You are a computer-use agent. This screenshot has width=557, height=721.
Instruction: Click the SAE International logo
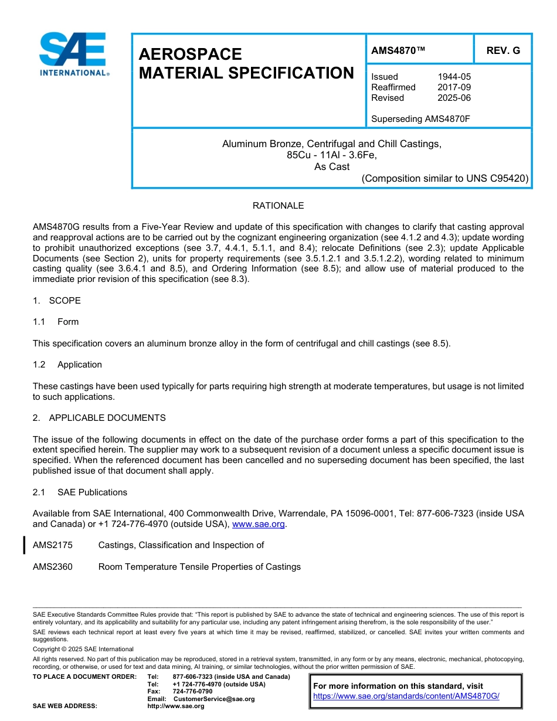(73, 55)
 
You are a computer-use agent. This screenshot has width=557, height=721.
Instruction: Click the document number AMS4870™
(398, 51)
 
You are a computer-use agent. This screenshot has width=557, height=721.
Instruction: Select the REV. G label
(502, 51)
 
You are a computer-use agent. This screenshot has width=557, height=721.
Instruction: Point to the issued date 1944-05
(454, 77)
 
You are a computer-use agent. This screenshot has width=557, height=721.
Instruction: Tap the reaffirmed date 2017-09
(454, 87)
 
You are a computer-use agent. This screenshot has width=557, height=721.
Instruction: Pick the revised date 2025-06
(454, 98)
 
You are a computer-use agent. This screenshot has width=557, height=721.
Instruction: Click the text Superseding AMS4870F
(420, 119)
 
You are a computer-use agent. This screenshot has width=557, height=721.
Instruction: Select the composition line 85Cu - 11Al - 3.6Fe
(331, 155)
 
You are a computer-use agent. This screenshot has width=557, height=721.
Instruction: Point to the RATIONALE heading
(278, 206)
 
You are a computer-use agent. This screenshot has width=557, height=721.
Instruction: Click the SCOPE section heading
(64, 301)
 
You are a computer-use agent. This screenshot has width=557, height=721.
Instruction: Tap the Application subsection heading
(79, 365)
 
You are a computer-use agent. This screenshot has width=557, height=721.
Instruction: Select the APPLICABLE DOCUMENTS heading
(107, 418)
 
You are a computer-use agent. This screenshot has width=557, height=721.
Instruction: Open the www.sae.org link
(259, 524)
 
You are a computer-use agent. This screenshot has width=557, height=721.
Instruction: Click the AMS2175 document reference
(53, 545)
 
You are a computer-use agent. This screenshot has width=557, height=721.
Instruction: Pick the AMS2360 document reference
(53, 567)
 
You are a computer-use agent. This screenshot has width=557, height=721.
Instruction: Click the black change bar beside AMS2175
(24, 545)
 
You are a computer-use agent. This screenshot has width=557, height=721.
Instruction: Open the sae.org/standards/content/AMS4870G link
(406, 696)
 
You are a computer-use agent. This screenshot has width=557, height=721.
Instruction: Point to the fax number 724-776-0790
(192, 692)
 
